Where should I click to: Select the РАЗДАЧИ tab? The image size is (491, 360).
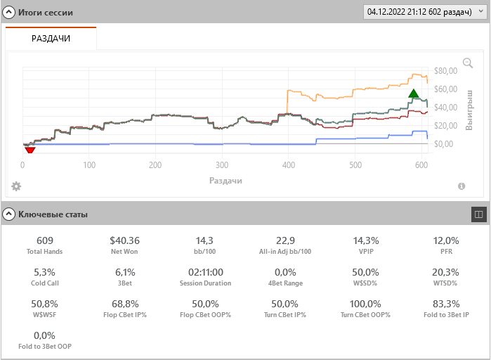pyautogui.click(x=51, y=39)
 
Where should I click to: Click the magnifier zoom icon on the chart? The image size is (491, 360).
pyautogui.click(x=468, y=64)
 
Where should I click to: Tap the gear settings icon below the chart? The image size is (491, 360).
pyautogui.click(x=16, y=186)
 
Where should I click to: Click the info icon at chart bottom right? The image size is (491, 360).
pyautogui.click(x=461, y=186)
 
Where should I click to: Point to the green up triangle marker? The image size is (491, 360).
pyautogui.click(x=414, y=94)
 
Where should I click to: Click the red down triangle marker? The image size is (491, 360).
pyautogui.click(x=30, y=149)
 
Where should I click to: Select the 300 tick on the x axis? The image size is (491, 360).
pyautogui.click(x=222, y=166)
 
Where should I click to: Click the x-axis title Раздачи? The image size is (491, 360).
pyautogui.click(x=225, y=181)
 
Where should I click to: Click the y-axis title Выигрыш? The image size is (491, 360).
pyautogui.click(x=470, y=109)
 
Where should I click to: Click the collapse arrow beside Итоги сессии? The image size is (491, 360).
pyautogui.click(x=10, y=13)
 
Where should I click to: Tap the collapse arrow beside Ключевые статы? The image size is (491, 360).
pyautogui.click(x=10, y=214)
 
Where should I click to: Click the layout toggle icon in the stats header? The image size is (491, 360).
pyautogui.click(x=478, y=214)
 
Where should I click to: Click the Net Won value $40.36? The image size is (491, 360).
pyautogui.click(x=125, y=240)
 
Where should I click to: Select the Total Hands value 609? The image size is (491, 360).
pyautogui.click(x=45, y=240)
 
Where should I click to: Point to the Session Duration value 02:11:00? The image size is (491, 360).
pyautogui.click(x=205, y=272)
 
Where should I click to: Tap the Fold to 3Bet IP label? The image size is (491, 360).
pyautogui.click(x=446, y=314)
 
